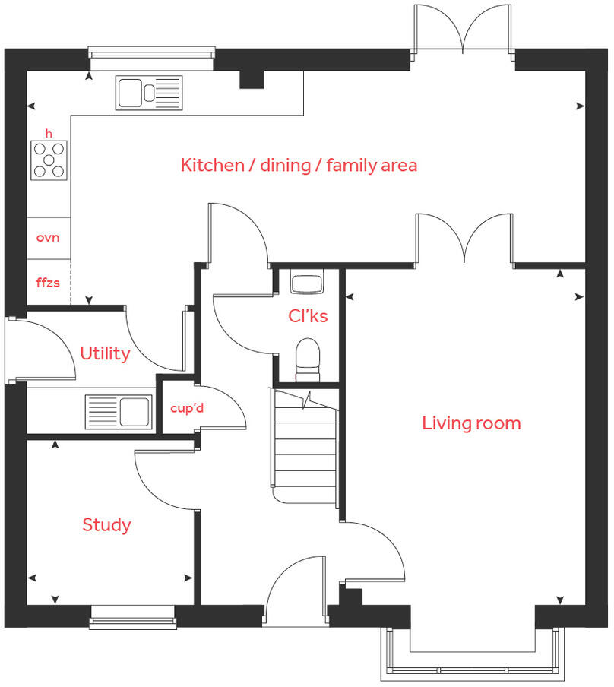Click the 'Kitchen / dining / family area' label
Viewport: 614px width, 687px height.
[299, 165]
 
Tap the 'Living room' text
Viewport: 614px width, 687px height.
[471, 423]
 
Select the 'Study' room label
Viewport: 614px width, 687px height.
[106, 525]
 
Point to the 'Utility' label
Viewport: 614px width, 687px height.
[105, 353]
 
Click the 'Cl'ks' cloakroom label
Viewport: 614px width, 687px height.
[308, 315]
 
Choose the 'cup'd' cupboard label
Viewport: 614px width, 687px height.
[187, 408]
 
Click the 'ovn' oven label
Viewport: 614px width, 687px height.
[48, 237]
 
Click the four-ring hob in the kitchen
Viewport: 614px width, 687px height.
[49, 160]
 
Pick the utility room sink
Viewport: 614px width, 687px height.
[117, 411]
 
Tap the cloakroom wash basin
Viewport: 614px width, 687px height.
[308, 283]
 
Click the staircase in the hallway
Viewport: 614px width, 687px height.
[305, 448]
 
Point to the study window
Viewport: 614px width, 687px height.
[133, 617]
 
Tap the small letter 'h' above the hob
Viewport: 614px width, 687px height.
[49, 134]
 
